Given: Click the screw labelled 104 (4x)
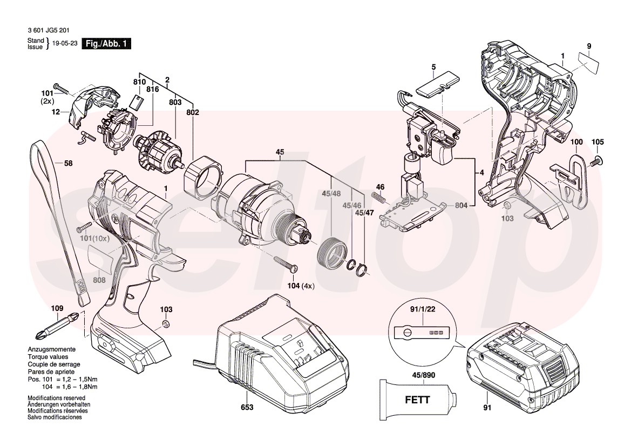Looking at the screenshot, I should pos(287,265).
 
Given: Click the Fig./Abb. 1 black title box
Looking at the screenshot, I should pos(105,44).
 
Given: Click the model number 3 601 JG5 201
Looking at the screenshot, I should pos(48,32).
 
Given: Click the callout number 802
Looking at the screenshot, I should pos(193,113).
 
